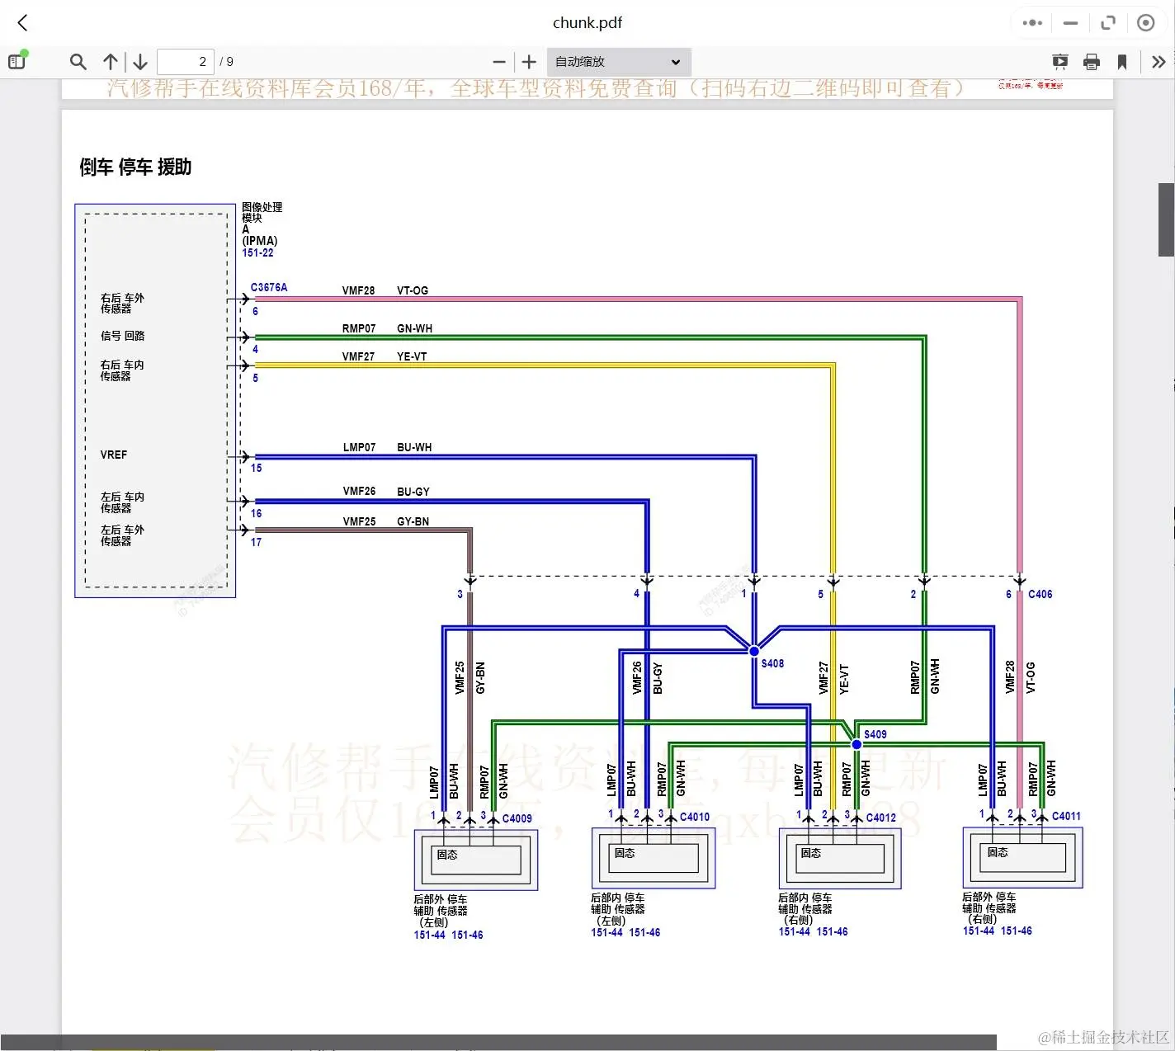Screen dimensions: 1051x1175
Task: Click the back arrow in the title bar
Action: [23, 23]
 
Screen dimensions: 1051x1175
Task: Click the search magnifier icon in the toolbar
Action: [78, 62]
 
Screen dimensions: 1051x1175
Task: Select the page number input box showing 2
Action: [185, 62]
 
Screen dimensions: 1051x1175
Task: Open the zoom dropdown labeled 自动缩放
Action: [618, 62]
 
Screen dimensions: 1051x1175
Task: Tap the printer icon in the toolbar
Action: [1091, 62]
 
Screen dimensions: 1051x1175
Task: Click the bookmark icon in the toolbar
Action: [1122, 62]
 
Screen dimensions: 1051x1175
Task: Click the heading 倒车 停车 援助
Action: [135, 167]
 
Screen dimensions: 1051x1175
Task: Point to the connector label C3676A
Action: [269, 288]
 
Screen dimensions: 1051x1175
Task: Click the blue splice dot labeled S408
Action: [754, 651]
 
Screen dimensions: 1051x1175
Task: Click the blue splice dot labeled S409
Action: [856, 744]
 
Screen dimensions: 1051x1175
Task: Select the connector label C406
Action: [1040, 594]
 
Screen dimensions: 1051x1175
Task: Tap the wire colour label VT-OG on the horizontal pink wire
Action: [413, 290]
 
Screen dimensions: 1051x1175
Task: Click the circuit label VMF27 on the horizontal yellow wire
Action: [358, 356]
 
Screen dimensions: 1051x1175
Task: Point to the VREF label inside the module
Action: [114, 455]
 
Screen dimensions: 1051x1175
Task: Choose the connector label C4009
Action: [517, 818]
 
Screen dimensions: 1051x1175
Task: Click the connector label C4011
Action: [1066, 816]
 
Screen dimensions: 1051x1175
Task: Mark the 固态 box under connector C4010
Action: [625, 853]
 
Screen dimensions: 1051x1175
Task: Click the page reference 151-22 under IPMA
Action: [257, 252]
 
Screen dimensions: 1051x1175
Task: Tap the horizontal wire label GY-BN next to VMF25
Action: [413, 521]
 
